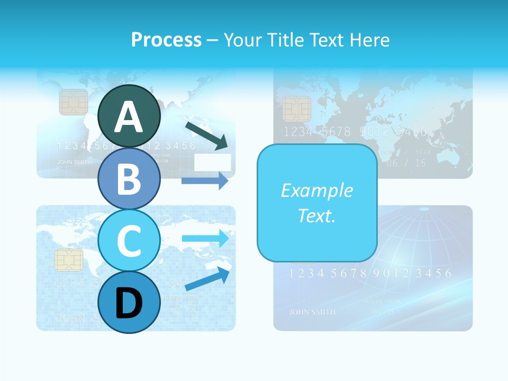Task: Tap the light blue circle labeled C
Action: (x=129, y=240)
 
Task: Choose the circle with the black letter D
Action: (x=129, y=303)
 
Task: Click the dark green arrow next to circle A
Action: (x=207, y=135)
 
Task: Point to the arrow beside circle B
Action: (x=205, y=180)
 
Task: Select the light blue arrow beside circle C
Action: (x=205, y=238)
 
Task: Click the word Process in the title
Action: (x=166, y=40)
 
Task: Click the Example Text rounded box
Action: (x=317, y=203)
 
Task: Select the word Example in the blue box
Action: (x=317, y=190)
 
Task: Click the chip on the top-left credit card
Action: (x=74, y=102)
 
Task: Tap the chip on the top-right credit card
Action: (x=296, y=109)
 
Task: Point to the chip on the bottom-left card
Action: (x=69, y=260)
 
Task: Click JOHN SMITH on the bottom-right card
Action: (x=312, y=312)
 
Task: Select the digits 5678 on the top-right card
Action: (x=336, y=132)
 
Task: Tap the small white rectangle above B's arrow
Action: (x=212, y=163)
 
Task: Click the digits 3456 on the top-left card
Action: (x=180, y=146)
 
